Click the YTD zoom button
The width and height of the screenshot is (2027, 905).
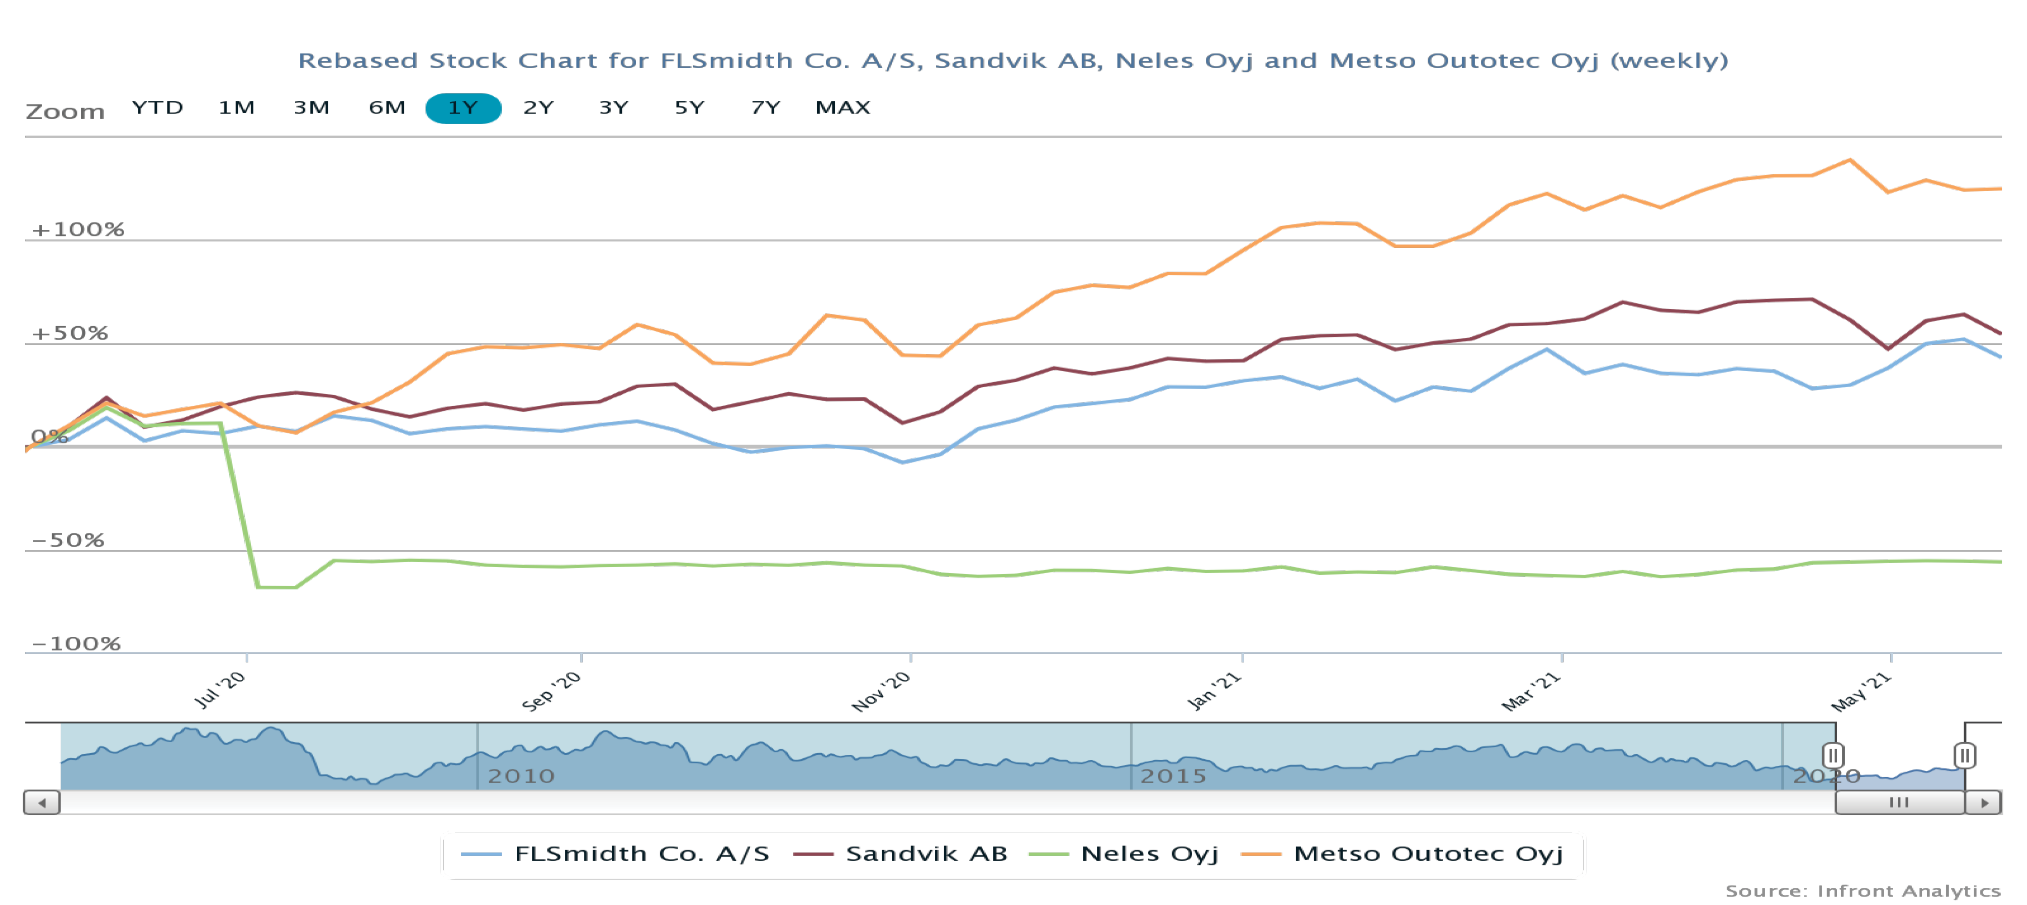157,108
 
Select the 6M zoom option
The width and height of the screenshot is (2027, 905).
387,108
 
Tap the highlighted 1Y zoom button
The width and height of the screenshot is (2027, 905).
463,108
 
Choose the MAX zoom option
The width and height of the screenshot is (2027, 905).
843,108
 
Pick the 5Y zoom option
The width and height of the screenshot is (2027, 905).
689,108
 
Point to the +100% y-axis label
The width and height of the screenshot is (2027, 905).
78,229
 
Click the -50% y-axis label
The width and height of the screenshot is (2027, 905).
68,540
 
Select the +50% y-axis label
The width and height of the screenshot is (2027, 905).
69,333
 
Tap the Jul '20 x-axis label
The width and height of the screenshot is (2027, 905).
221,690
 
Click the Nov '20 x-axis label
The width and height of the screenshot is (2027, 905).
881,691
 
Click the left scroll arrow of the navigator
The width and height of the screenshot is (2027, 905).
42,803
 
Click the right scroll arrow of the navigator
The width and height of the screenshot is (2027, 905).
1984,803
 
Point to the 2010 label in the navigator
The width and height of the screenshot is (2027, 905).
521,776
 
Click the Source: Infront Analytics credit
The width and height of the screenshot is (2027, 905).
1862,891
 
